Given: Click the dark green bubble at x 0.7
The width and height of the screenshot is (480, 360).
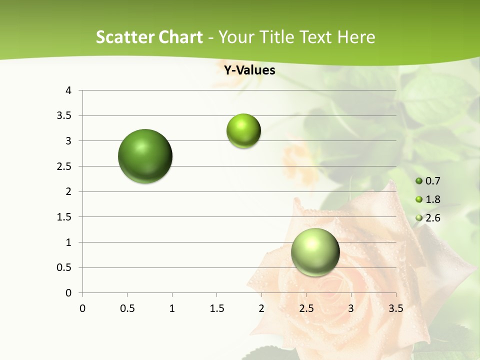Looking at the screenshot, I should point(145,156).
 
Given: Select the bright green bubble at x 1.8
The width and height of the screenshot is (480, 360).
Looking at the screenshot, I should point(243,131).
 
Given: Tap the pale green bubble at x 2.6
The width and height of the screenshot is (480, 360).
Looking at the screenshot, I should point(315,252).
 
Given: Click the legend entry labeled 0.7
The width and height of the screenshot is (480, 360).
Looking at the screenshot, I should point(428,181).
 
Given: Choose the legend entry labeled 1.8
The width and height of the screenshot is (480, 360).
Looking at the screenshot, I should point(428,199).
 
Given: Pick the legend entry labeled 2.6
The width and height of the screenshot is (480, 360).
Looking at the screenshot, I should point(428,218).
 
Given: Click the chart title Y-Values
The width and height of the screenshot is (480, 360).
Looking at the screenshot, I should point(249,70).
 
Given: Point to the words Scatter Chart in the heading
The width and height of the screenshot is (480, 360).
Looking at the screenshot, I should point(149,37).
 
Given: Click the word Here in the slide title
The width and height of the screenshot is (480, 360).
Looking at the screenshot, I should point(356,37).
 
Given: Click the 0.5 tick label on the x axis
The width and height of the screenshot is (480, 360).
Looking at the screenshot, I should point(127,308).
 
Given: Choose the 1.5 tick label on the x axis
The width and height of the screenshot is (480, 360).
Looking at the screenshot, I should point(216,308).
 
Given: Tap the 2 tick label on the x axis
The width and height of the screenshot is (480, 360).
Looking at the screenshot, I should point(261,308).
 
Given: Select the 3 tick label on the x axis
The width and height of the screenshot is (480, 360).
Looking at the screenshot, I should point(351,308).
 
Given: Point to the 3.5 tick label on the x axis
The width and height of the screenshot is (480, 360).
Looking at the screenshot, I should point(395,308).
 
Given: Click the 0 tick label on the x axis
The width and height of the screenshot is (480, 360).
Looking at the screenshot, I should point(82,308).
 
